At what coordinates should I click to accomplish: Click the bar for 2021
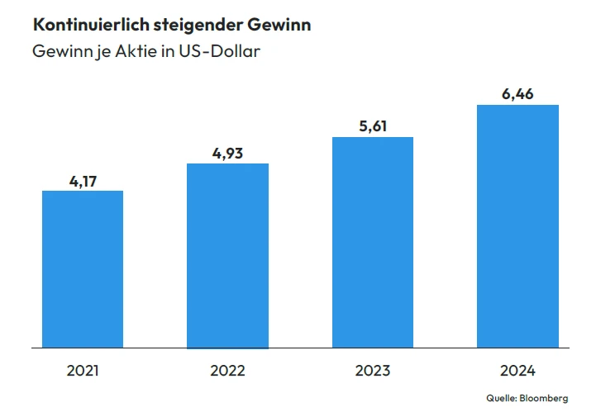[83, 269]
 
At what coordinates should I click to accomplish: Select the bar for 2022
[228, 256]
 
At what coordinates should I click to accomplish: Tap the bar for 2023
[373, 242]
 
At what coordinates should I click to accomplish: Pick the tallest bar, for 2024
[518, 225]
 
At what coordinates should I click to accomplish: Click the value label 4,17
[83, 179]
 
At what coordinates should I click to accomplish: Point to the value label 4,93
[228, 152]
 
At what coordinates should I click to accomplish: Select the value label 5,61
[373, 125]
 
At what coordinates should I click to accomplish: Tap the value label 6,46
[518, 93]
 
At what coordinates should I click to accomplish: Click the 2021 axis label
[83, 371]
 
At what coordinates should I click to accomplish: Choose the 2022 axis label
[228, 371]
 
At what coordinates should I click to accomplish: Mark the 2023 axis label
[373, 371]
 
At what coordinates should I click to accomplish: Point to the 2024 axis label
[518, 371]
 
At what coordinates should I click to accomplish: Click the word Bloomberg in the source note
[546, 398]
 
